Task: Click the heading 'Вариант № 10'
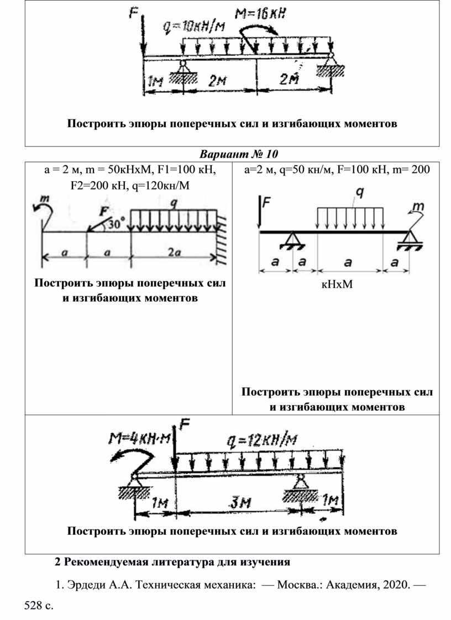240,153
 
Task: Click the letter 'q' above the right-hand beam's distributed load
359,192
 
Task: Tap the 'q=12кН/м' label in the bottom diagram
261,440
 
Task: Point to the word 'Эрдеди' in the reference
85,584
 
